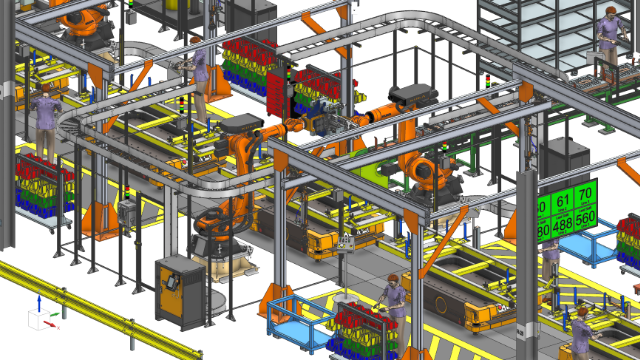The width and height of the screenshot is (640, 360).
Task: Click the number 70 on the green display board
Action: pos(586,192)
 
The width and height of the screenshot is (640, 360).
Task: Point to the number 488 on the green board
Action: pos(564,227)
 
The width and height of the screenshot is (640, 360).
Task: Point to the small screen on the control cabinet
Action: pos(172,281)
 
